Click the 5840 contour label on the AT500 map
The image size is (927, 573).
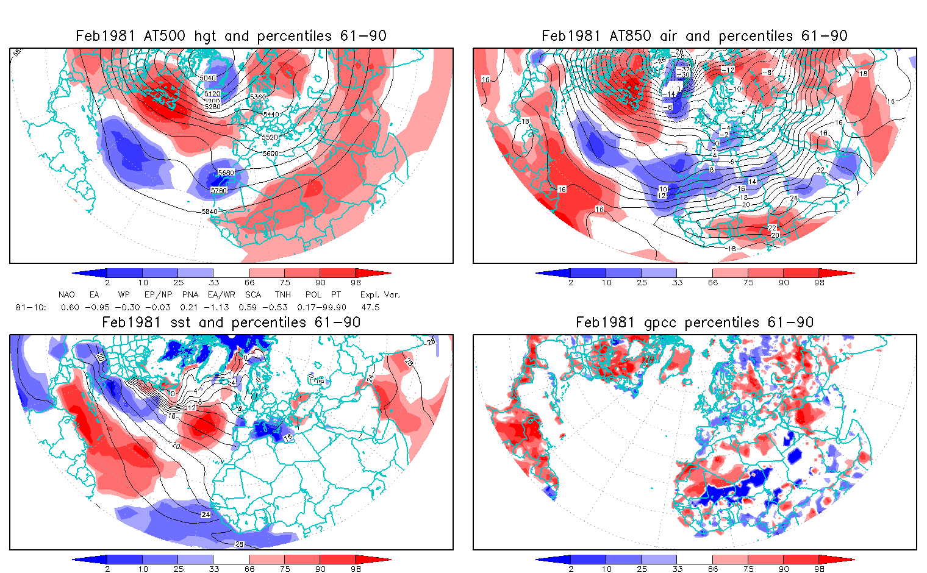pos(209,212)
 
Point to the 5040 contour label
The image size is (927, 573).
pos(208,78)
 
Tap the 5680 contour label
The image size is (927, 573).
pos(226,173)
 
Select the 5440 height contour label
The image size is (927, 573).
pos(271,115)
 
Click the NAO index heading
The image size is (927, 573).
pos(66,294)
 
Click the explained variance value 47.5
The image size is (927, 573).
pos(370,307)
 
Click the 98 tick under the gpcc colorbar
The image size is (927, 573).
pos(819,569)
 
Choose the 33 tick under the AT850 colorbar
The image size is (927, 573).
pos(677,282)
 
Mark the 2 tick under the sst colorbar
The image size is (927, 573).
pos(107,569)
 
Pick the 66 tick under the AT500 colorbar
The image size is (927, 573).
pos(249,282)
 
